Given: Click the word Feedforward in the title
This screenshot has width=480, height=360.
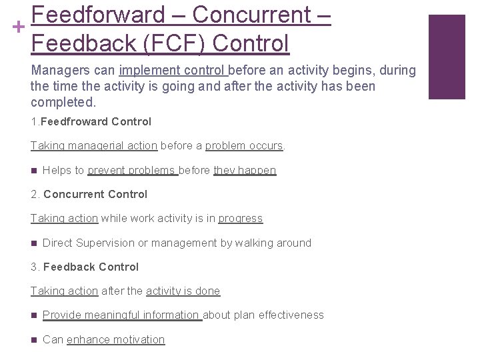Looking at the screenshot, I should (98, 15).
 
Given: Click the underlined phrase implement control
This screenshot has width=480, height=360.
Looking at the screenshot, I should (173, 70).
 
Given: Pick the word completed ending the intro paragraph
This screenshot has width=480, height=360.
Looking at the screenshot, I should (63, 102).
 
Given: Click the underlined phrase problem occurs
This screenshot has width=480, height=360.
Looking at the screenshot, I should (245, 145).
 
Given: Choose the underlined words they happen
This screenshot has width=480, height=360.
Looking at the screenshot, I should (245, 170).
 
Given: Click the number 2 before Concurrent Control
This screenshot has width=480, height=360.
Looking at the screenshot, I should (34, 194).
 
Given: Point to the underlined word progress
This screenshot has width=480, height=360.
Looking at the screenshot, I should (241, 218).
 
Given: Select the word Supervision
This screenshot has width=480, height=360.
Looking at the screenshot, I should (105, 243).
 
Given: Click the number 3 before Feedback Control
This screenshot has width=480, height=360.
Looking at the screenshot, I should (34, 267).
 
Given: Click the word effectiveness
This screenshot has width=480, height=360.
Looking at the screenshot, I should (291, 315).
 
